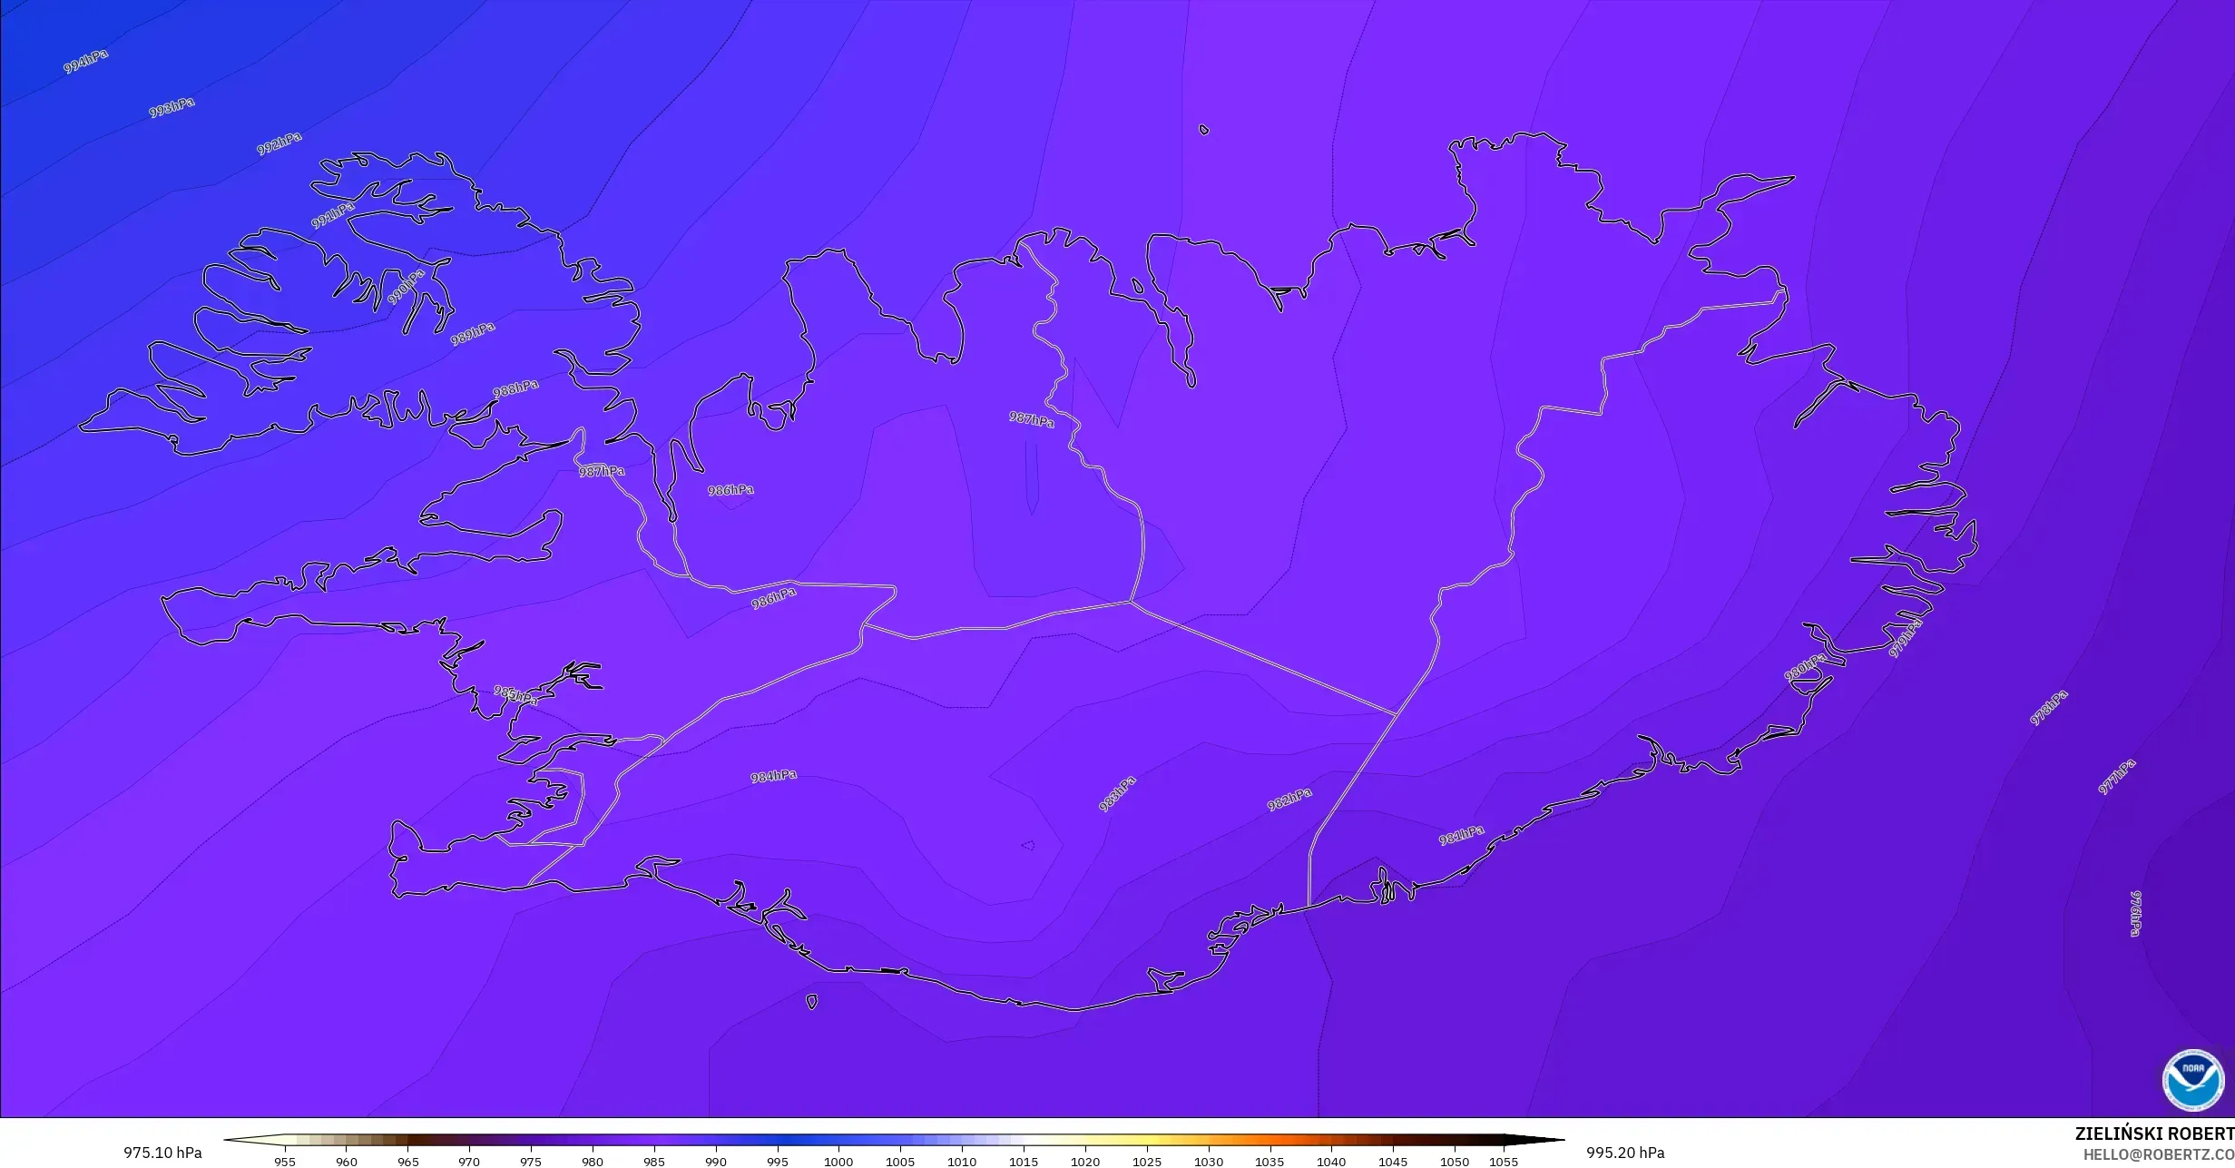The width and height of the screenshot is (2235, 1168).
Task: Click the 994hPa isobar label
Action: tap(85, 61)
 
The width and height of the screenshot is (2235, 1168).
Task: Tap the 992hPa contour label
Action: tap(279, 143)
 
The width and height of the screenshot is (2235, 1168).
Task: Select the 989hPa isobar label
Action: tap(473, 333)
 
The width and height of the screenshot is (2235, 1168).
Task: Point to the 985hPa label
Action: tap(515, 695)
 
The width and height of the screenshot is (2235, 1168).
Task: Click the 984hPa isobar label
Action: tap(773, 776)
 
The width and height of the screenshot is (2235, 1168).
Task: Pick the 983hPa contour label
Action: tap(1117, 793)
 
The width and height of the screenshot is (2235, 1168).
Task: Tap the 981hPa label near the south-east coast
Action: tap(1461, 835)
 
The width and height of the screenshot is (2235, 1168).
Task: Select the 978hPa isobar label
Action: tap(2048, 708)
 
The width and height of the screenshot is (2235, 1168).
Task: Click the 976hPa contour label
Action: tap(2135, 913)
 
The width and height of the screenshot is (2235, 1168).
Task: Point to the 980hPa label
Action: tap(1805, 667)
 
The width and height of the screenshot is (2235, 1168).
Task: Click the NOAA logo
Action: tap(2193, 1079)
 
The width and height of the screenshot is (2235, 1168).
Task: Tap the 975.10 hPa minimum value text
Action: tap(162, 1153)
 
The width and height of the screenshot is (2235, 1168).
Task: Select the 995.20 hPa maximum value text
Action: tap(1625, 1153)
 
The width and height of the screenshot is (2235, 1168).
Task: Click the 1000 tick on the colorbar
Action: tap(838, 1161)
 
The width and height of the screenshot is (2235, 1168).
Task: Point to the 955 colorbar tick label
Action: tap(285, 1161)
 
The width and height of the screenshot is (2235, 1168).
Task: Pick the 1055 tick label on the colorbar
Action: tap(1503, 1161)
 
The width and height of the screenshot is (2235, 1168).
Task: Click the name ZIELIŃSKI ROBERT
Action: tap(2154, 1134)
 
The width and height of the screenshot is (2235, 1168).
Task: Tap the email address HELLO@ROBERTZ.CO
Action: tap(2158, 1154)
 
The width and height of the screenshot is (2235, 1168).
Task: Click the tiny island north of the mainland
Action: tap(1204, 130)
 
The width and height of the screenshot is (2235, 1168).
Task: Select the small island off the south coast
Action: tap(811, 1002)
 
